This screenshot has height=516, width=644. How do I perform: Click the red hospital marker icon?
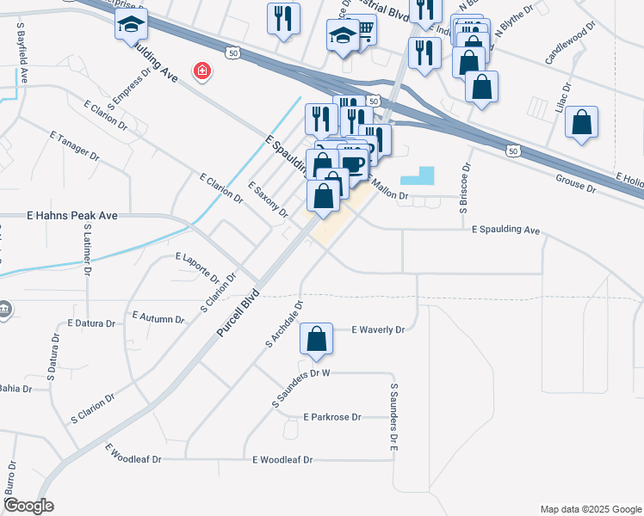(x=202, y=71)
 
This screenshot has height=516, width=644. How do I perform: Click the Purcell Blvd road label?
(x=238, y=306)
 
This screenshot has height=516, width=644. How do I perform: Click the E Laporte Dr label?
(x=197, y=267)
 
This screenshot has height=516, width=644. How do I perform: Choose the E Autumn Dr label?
(x=158, y=318)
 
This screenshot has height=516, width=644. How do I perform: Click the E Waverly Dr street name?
(x=379, y=329)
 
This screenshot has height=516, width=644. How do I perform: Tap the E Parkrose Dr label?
(x=332, y=417)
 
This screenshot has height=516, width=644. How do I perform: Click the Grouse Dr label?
(x=575, y=183)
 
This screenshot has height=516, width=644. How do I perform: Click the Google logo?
(x=28, y=506)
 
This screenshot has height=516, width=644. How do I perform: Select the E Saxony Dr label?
(x=267, y=200)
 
